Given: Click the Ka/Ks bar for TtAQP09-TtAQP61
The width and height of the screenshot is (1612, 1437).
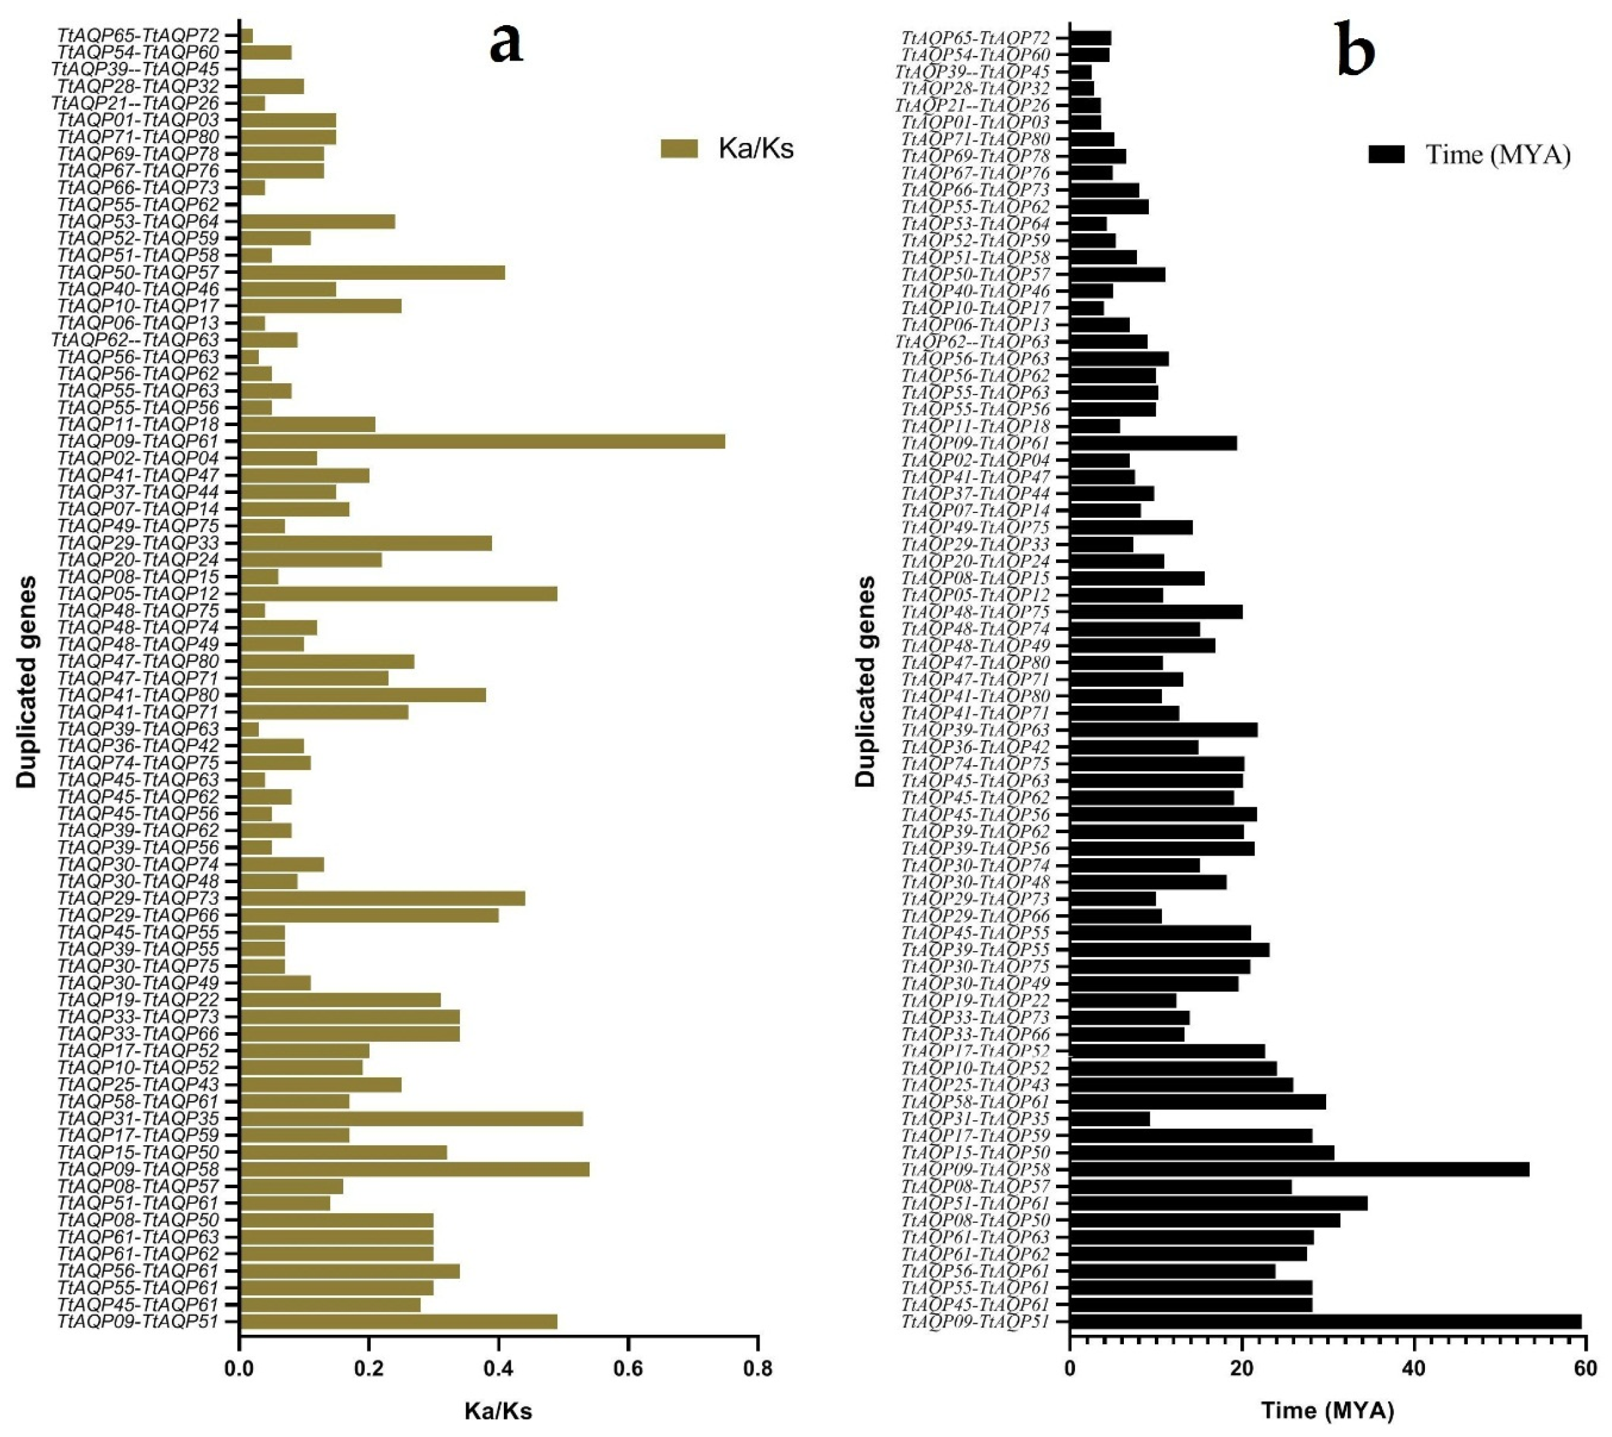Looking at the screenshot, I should click(482, 441).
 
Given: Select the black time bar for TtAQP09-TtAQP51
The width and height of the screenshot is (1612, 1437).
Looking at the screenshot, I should click(1325, 1322).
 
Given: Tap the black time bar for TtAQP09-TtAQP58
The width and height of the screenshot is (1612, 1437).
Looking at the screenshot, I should click(1299, 1170).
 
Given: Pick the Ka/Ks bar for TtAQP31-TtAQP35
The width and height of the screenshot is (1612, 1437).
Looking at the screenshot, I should click(410, 1118).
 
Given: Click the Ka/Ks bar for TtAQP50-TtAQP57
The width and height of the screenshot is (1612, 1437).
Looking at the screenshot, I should click(372, 273).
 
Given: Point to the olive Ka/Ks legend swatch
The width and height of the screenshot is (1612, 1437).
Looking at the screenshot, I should click(679, 148).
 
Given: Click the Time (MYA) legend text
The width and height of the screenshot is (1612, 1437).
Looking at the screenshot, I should click(1497, 155).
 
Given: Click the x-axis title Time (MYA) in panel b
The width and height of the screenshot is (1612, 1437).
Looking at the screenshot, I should click(1327, 1413).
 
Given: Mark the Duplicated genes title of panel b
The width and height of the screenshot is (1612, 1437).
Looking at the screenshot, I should click(866, 680).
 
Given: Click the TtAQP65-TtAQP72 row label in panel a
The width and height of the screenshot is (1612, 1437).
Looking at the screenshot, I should click(138, 36).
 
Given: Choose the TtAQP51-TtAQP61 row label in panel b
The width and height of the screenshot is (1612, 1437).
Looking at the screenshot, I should click(976, 1204).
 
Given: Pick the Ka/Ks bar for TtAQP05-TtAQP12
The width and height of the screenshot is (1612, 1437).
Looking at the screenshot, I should click(398, 594).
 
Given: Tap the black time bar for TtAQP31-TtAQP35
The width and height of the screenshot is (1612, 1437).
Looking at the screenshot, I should click(1109, 1119).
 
